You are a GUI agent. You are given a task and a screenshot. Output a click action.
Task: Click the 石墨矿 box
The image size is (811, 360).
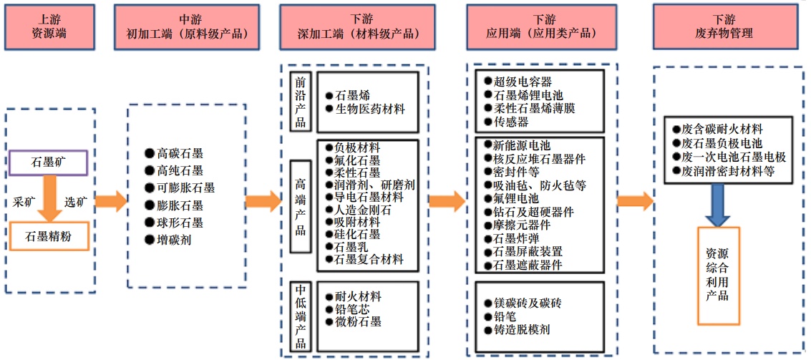click(x=49, y=162)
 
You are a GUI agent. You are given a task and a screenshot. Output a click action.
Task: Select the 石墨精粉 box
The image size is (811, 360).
click(x=49, y=235)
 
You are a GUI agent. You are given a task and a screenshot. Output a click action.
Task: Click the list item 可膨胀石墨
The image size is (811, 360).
click(x=185, y=188)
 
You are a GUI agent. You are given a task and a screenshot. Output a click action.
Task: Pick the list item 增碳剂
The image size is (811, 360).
click(x=174, y=240)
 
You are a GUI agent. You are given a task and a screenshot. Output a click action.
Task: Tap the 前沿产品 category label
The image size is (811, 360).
click(x=301, y=101)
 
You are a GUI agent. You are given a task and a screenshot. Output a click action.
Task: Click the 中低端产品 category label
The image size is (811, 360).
click(x=301, y=316)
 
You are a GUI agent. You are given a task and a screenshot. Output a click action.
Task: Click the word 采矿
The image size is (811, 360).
click(x=25, y=201)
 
